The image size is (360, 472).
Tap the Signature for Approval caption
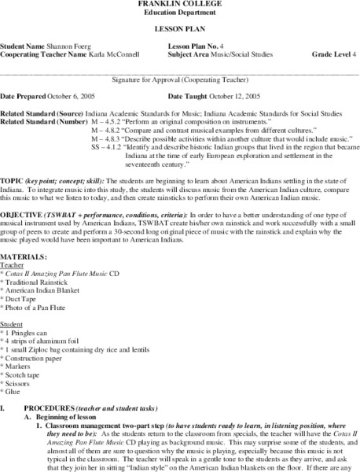(x=180, y=79)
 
